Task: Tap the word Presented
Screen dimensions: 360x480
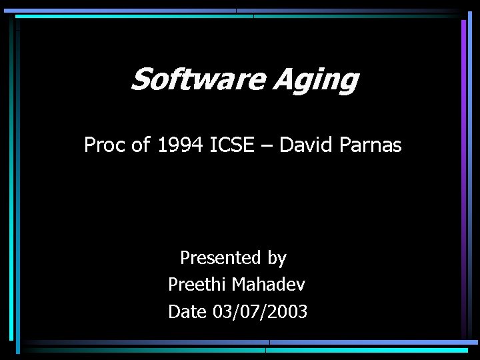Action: tap(220, 258)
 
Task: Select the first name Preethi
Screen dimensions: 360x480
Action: tap(197, 285)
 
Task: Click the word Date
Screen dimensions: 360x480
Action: tap(187, 311)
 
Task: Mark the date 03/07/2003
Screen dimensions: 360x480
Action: tap(260, 311)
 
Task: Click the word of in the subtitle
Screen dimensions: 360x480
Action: tap(141, 145)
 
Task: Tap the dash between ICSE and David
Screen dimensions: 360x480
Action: tap(267, 145)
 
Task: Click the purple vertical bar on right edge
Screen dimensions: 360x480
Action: tap(463, 167)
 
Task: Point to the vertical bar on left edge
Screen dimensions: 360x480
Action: tap(12, 180)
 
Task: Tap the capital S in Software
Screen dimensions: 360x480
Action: tap(141, 80)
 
